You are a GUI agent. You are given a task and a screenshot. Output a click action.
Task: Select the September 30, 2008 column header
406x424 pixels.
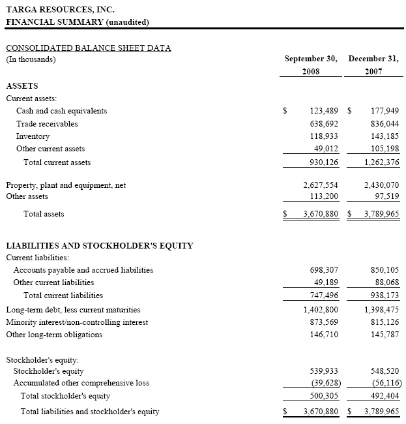(x=311, y=65)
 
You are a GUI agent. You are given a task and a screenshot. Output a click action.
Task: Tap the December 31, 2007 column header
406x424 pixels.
(x=373, y=65)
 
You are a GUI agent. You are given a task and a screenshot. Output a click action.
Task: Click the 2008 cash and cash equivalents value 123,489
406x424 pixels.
(x=323, y=111)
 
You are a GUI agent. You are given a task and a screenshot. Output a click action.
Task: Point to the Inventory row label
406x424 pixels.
(x=33, y=136)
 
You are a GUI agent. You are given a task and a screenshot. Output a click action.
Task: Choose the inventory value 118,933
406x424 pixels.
(x=323, y=136)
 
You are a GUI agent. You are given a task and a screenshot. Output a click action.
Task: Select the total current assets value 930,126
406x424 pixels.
(x=323, y=162)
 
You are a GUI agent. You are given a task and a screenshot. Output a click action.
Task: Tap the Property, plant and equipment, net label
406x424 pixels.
(x=66, y=185)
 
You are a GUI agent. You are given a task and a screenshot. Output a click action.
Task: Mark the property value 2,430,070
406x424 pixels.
(x=381, y=185)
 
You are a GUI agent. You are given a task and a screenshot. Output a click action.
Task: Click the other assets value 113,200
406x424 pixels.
(x=323, y=196)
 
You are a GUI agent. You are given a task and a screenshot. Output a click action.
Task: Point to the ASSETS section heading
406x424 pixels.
(x=22, y=86)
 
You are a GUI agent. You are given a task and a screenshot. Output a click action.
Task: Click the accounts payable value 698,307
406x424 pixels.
(x=323, y=269)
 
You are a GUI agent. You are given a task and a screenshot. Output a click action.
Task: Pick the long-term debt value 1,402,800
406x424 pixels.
(x=321, y=310)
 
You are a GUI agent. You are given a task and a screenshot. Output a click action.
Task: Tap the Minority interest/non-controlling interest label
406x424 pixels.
(x=77, y=322)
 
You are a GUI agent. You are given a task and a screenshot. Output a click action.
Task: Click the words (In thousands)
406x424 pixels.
(x=31, y=60)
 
